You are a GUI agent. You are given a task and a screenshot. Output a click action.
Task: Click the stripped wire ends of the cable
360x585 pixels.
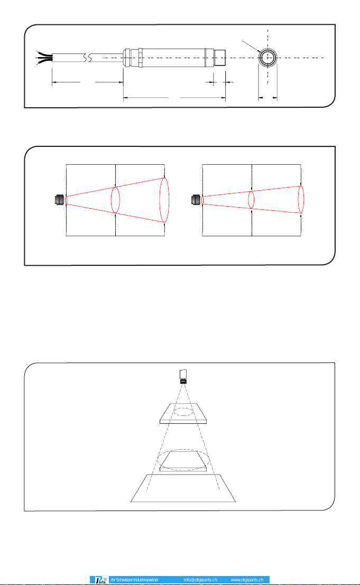(x=44, y=58)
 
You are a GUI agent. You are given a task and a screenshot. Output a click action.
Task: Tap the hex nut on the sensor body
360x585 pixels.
(x=140, y=58)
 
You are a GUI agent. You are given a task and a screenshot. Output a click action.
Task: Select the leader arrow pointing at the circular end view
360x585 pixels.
(x=251, y=46)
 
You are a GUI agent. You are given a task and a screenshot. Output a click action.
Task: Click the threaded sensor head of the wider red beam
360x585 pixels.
(x=59, y=200)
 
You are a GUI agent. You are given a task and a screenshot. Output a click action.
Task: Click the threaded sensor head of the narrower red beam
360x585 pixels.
(x=196, y=200)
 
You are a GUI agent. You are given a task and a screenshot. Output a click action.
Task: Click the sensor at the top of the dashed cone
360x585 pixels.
(x=183, y=376)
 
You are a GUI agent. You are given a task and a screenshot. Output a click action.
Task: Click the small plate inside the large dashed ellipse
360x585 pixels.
(x=183, y=461)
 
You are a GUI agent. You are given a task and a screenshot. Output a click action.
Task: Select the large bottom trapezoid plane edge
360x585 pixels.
(x=183, y=502)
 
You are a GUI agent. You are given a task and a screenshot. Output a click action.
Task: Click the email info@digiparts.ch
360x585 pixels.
(x=200, y=580)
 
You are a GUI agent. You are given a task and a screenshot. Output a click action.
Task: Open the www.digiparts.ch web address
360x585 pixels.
(x=247, y=580)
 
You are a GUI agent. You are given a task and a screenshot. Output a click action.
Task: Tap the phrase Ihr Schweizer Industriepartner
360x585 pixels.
(x=135, y=580)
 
